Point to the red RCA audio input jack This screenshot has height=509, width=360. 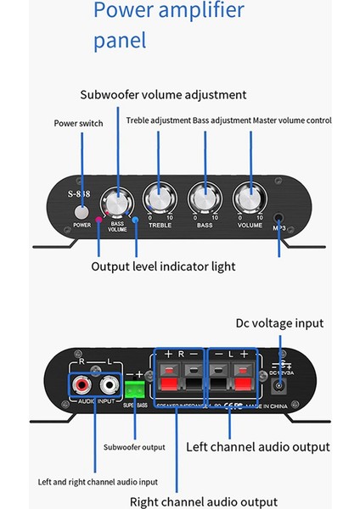pyautogui.click(x=84, y=386)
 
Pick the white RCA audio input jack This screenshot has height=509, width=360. pyautogui.click(x=107, y=386)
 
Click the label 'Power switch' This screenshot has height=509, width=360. pyautogui.click(x=78, y=123)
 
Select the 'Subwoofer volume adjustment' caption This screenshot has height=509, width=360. pyautogui.click(x=163, y=94)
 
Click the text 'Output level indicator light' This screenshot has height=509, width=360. pyautogui.click(x=163, y=266)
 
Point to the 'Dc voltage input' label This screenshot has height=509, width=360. pyautogui.click(x=279, y=323)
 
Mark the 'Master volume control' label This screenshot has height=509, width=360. pyautogui.click(x=291, y=120)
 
